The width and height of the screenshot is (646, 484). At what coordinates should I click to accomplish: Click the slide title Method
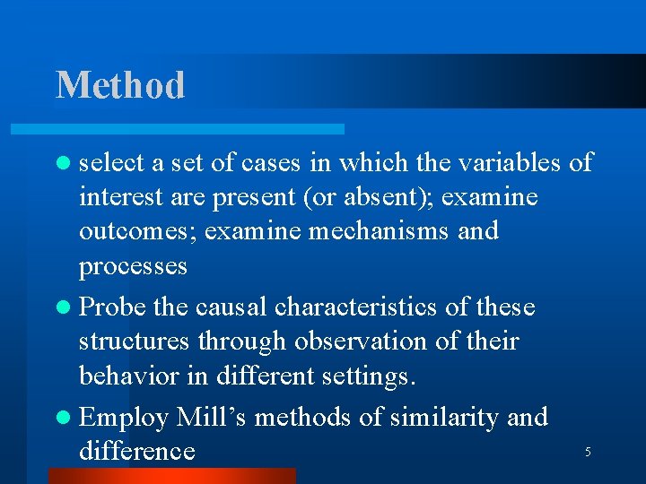[120, 85]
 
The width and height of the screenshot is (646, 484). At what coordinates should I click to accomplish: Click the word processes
[133, 266]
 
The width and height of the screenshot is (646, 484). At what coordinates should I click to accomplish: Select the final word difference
[136, 450]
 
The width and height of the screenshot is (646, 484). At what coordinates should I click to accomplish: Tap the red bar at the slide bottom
[171, 476]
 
